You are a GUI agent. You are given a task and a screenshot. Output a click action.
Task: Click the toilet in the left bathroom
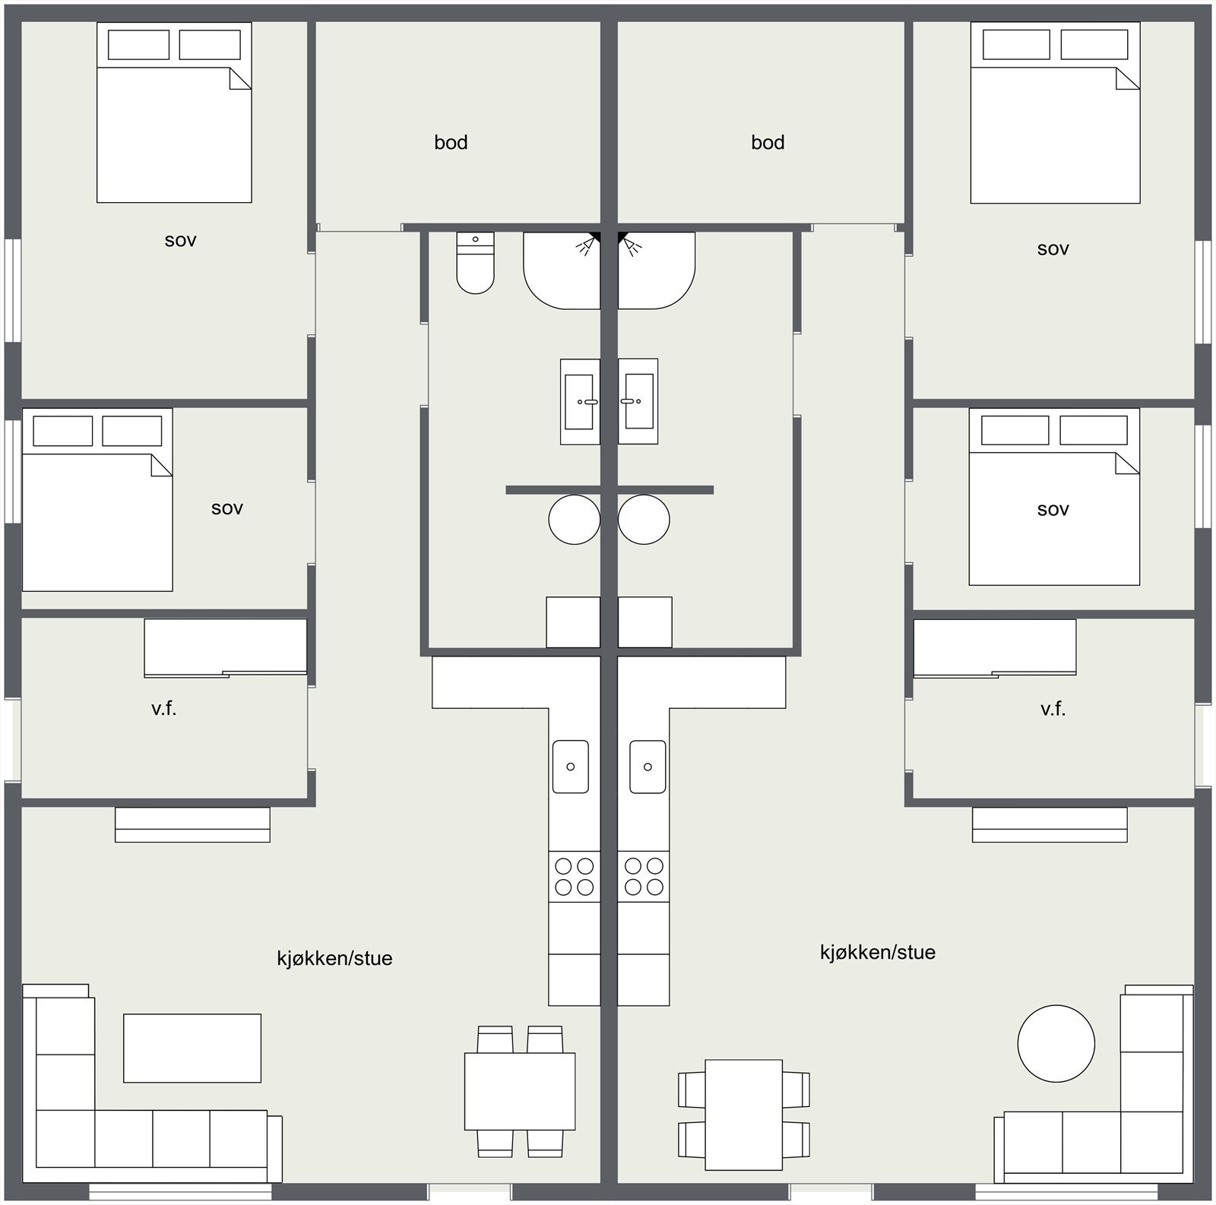pos(475,264)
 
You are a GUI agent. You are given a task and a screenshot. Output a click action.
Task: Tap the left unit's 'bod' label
pos(451,142)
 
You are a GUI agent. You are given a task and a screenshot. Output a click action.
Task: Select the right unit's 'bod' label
pos(768,142)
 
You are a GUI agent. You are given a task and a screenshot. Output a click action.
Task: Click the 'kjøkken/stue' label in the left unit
pos(334,958)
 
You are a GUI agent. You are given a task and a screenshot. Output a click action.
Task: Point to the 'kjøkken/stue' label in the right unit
pos(877,952)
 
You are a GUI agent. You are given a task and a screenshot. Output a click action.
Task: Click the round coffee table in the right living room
pos(1056,1043)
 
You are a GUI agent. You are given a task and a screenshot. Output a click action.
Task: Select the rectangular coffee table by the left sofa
pos(192,1048)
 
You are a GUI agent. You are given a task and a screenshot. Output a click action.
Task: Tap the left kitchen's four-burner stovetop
pos(575,876)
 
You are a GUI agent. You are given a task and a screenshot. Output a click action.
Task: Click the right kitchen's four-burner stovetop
pos(644,876)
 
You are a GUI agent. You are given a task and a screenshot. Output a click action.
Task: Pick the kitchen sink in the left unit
pos(570,767)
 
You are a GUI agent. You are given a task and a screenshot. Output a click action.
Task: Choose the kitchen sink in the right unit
pos(648,767)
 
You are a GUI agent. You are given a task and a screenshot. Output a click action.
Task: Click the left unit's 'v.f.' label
pos(163,709)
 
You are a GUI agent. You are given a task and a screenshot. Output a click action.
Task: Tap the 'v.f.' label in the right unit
pos(1053,709)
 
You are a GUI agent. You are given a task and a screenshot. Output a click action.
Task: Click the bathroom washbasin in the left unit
pos(580,401)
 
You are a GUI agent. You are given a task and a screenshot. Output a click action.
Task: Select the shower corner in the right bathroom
pos(654,270)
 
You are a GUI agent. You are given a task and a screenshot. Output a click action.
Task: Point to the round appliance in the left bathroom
pos(574,520)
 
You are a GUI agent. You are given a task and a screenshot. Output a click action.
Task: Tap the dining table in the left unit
pos(520,1091)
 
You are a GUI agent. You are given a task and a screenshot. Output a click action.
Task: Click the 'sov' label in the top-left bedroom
pos(181,240)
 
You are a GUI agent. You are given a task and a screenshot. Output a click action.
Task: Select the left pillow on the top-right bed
pos(1016,44)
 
